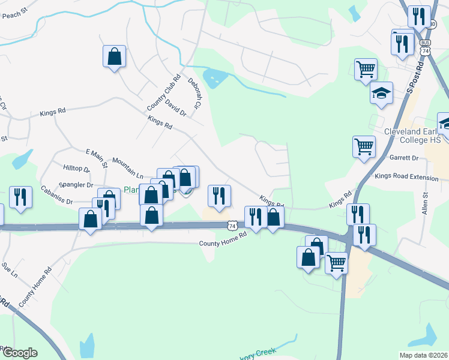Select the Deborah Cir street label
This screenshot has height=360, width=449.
pos(194,91)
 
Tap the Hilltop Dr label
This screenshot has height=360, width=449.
pos(76,170)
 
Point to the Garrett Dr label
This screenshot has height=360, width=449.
pos(403,158)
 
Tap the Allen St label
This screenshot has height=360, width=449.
pos(424,204)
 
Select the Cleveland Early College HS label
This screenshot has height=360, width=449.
pos(413,136)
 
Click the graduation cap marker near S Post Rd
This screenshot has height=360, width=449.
pos(381,93)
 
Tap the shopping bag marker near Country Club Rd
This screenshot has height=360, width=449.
pos(114,57)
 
